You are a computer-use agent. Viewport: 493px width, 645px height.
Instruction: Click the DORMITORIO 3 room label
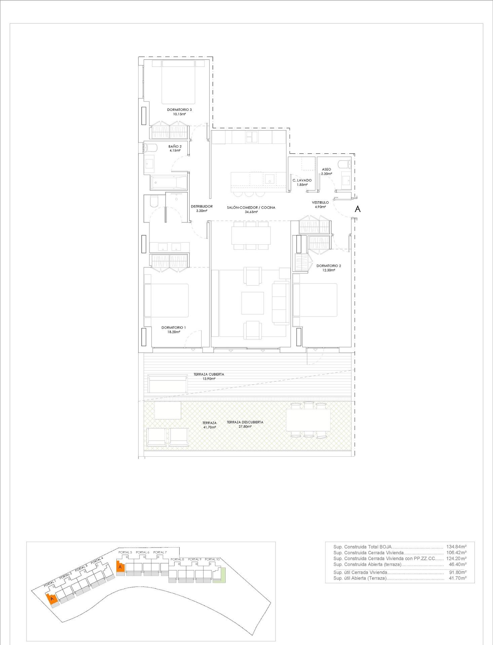(179, 110)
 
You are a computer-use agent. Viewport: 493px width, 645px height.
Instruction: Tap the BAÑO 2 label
(175, 146)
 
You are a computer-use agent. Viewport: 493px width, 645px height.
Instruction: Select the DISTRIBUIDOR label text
(201, 207)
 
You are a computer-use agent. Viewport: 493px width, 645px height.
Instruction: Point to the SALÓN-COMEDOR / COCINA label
(251, 208)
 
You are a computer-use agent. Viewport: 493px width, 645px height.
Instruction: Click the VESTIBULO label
(320, 203)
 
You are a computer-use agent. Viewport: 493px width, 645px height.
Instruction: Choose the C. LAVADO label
(302, 180)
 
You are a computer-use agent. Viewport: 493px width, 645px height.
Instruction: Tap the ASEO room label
(326, 170)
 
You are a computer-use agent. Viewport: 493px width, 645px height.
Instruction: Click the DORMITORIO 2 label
(328, 266)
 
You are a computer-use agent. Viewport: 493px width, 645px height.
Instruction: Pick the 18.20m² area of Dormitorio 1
(173, 332)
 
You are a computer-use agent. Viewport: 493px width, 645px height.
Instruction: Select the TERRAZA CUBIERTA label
(208, 374)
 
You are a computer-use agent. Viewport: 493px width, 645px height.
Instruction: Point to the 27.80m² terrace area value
(245, 427)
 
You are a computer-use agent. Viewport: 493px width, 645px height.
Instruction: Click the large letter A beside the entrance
(357, 209)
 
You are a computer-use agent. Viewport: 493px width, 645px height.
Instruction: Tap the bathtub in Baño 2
(168, 183)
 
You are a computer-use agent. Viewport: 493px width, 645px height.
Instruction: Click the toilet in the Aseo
(344, 164)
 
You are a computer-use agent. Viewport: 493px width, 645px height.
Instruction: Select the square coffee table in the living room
(252, 303)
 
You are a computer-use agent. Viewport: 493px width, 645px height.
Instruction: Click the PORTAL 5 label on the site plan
(125, 552)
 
